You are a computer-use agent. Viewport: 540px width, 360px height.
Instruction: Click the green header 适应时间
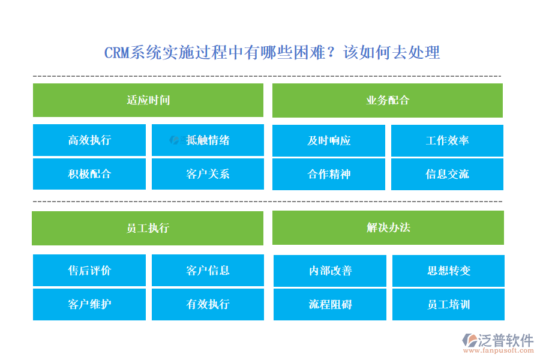coord(148,100)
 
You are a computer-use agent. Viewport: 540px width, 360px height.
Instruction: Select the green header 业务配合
coord(388,100)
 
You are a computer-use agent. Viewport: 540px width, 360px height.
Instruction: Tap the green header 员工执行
coord(148,228)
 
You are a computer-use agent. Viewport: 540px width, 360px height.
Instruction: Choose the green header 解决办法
coord(388,228)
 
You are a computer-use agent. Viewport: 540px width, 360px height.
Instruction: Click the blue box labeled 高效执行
coord(89,140)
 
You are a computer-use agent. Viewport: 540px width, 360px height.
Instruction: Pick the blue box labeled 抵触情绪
coord(208,140)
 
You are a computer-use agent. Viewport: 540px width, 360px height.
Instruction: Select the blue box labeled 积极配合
coord(89,174)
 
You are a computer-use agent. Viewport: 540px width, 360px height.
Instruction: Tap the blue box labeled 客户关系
coord(208,174)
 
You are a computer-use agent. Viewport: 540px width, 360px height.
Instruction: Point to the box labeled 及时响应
coord(329,140)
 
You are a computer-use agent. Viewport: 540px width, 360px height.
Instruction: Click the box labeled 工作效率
coord(447,140)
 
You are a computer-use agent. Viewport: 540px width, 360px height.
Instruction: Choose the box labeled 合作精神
coord(329,174)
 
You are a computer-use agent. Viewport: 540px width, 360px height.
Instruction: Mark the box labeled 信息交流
coord(447,174)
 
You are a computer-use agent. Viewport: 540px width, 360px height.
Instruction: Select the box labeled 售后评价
coord(89,271)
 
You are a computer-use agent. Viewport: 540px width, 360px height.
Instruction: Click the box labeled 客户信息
coord(208,271)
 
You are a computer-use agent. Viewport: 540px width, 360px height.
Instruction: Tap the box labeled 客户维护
coord(89,304)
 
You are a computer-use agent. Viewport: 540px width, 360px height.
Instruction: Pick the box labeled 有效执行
coord(208,304)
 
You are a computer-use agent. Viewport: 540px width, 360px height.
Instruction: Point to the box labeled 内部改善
coord(330,271)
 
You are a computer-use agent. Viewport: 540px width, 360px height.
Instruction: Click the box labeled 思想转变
coord(448,271)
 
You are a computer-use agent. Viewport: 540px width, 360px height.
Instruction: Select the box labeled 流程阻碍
coord(330,304)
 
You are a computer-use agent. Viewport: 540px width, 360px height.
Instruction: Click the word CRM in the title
coord(117,53)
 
